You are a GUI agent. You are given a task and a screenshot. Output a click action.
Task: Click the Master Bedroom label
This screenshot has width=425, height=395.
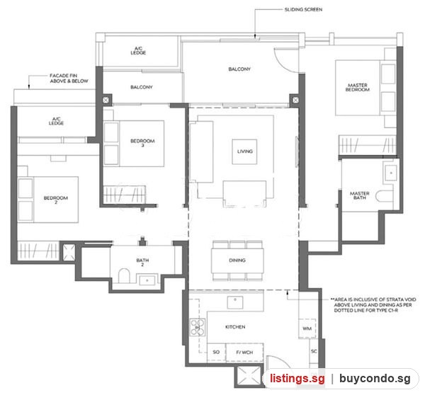click(x=357, y=87)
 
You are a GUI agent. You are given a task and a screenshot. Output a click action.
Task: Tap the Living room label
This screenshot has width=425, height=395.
click(x=245, y=151)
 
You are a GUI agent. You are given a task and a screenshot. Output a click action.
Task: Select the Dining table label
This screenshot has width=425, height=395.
click(x=237, y=261)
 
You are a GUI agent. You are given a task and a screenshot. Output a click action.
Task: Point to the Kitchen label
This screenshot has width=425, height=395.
click(x=235, y=327)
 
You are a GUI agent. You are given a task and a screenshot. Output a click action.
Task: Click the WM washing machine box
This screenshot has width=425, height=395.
click(x=307, y=328)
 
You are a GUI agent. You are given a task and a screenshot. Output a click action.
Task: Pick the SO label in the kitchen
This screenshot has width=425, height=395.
click(x=216, y=352)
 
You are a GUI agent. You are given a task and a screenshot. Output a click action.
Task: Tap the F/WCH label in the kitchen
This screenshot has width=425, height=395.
click(x=244, y=353)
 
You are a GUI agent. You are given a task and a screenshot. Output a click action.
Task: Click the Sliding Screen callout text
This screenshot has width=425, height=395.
click(x=303, y=9)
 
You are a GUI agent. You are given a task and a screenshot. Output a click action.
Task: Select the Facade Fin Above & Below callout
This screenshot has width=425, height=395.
click(x=69, y=79)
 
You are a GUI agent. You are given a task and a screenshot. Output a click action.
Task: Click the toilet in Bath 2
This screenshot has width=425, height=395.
click(x=124, y=275)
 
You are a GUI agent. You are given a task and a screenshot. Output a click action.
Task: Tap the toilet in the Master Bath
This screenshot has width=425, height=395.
click(x=384, y=196)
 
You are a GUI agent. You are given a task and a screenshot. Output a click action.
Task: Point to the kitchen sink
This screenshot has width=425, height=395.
click(x=235, y=302)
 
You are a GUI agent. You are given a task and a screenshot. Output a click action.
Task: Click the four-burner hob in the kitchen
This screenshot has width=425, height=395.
click(x=198, y=328)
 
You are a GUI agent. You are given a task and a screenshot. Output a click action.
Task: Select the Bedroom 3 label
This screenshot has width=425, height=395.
click(x=142, y=143)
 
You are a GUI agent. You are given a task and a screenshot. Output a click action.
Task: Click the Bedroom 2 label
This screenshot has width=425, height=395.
click(x=56, y=200)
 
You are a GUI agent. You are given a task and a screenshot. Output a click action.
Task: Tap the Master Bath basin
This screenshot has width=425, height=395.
click(x=391, y=173)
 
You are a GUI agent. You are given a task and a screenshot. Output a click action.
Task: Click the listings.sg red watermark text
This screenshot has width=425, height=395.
click(x=297, y=379)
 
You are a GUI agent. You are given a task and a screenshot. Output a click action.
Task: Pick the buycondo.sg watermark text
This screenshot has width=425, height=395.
click(x=375, y=379)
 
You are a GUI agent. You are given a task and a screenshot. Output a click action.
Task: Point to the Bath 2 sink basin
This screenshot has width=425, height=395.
click(x=147, y=280)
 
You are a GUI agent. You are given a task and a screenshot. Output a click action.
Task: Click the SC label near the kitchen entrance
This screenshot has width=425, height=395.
click(x=314, y=351)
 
